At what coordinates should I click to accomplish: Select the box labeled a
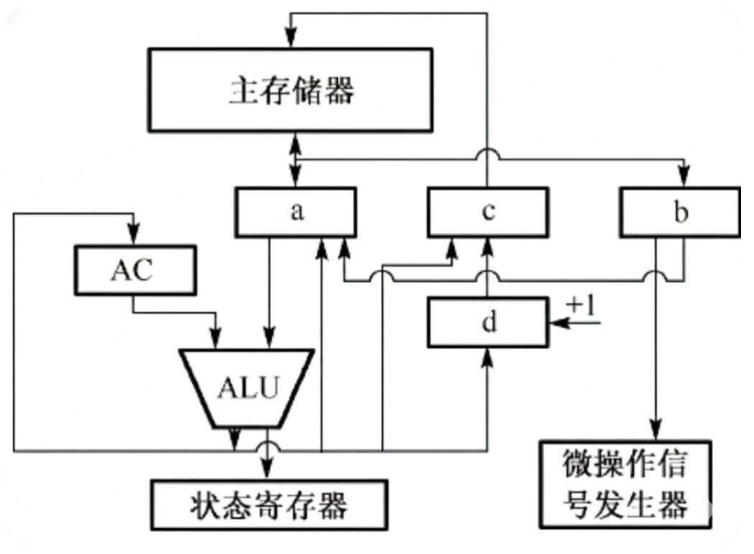pyautogui.click(x=295, y=213)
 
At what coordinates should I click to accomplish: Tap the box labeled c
pyautogui.click(x=488, y=213)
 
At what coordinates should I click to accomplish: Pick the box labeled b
pyautogui.click(x=680, y=213)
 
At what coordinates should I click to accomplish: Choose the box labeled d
pyautogui.click(x=488, y=322)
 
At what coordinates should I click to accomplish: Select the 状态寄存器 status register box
pyautogui.click(x=270, y=504)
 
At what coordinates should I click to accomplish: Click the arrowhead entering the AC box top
pyautogui.click(x=134, y=236)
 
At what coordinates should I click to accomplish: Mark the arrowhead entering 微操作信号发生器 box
pyautogui.click(x=655, y=431)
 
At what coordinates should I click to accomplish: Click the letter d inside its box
pyautogui.click(x=488, y=323)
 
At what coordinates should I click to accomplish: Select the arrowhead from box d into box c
pyautogui.click(x=488, y=246)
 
